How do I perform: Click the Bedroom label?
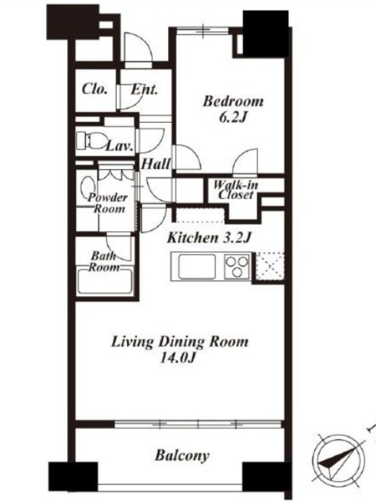pos(233,101)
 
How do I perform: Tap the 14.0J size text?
pos(177,358)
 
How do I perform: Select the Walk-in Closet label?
pos(236,190)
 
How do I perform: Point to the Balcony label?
pos(182,456)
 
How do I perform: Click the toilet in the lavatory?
pos(91,140)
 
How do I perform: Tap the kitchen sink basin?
pos(197,267)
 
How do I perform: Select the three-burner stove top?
pos(237,266)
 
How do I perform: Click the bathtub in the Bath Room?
pos(105,282)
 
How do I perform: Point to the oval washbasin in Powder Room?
pos(87,187)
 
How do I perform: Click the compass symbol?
pos(338,460)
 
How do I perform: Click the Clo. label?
pos(95,89)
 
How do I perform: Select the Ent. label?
pos(144,90)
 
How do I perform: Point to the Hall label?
pos(155,164)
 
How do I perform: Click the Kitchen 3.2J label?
pos(209,238)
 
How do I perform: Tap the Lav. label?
pos(119,147)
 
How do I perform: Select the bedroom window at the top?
pos(203,30)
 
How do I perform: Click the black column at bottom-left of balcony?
pos(73,477)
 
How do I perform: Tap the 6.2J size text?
pos(233,118)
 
